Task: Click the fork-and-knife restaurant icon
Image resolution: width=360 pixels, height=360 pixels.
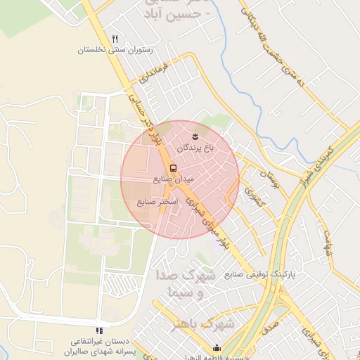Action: tap(115, 39)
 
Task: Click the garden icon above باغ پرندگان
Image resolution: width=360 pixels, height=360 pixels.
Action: tap(195, 134)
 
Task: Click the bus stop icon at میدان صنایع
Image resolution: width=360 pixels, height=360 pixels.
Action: tap(173, 168)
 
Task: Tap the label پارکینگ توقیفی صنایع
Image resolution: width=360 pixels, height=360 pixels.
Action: tap(259, 274)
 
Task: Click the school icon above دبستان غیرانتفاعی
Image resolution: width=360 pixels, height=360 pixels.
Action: tap(99, 330)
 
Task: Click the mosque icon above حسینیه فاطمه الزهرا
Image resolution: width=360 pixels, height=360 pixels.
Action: tap(217, 347)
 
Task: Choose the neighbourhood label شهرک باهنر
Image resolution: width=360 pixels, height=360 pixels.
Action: tap(207, 324)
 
